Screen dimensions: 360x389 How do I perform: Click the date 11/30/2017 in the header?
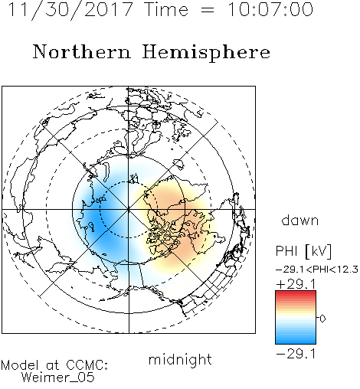(70, 10)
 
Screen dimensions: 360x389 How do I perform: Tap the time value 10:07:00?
(270, 10)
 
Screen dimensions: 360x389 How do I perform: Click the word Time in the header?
(166, 10)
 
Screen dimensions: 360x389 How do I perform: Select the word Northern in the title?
(82, 52)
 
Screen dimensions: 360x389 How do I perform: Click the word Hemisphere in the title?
(206, 53)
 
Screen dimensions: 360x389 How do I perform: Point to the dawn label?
(300, 220)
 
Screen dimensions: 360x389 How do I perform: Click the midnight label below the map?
(180, 359)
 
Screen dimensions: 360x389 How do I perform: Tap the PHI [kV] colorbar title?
(303, 251)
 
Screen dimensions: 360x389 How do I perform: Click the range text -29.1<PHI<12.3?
(317, 270)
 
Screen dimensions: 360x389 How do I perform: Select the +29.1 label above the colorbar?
(296, 284)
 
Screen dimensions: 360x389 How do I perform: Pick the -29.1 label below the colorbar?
(296, 354)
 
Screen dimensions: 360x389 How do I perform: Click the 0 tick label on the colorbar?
(322, 319)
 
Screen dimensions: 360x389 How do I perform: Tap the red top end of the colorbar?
(296, 293)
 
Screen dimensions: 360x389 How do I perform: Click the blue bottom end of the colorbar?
(296, 342)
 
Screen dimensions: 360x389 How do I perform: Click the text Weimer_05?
(58, 378)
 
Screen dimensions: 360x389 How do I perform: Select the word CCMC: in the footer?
(87, 365)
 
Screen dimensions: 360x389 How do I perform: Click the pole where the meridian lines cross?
(129, 209)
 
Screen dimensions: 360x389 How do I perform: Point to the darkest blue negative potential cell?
(101, 214)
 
